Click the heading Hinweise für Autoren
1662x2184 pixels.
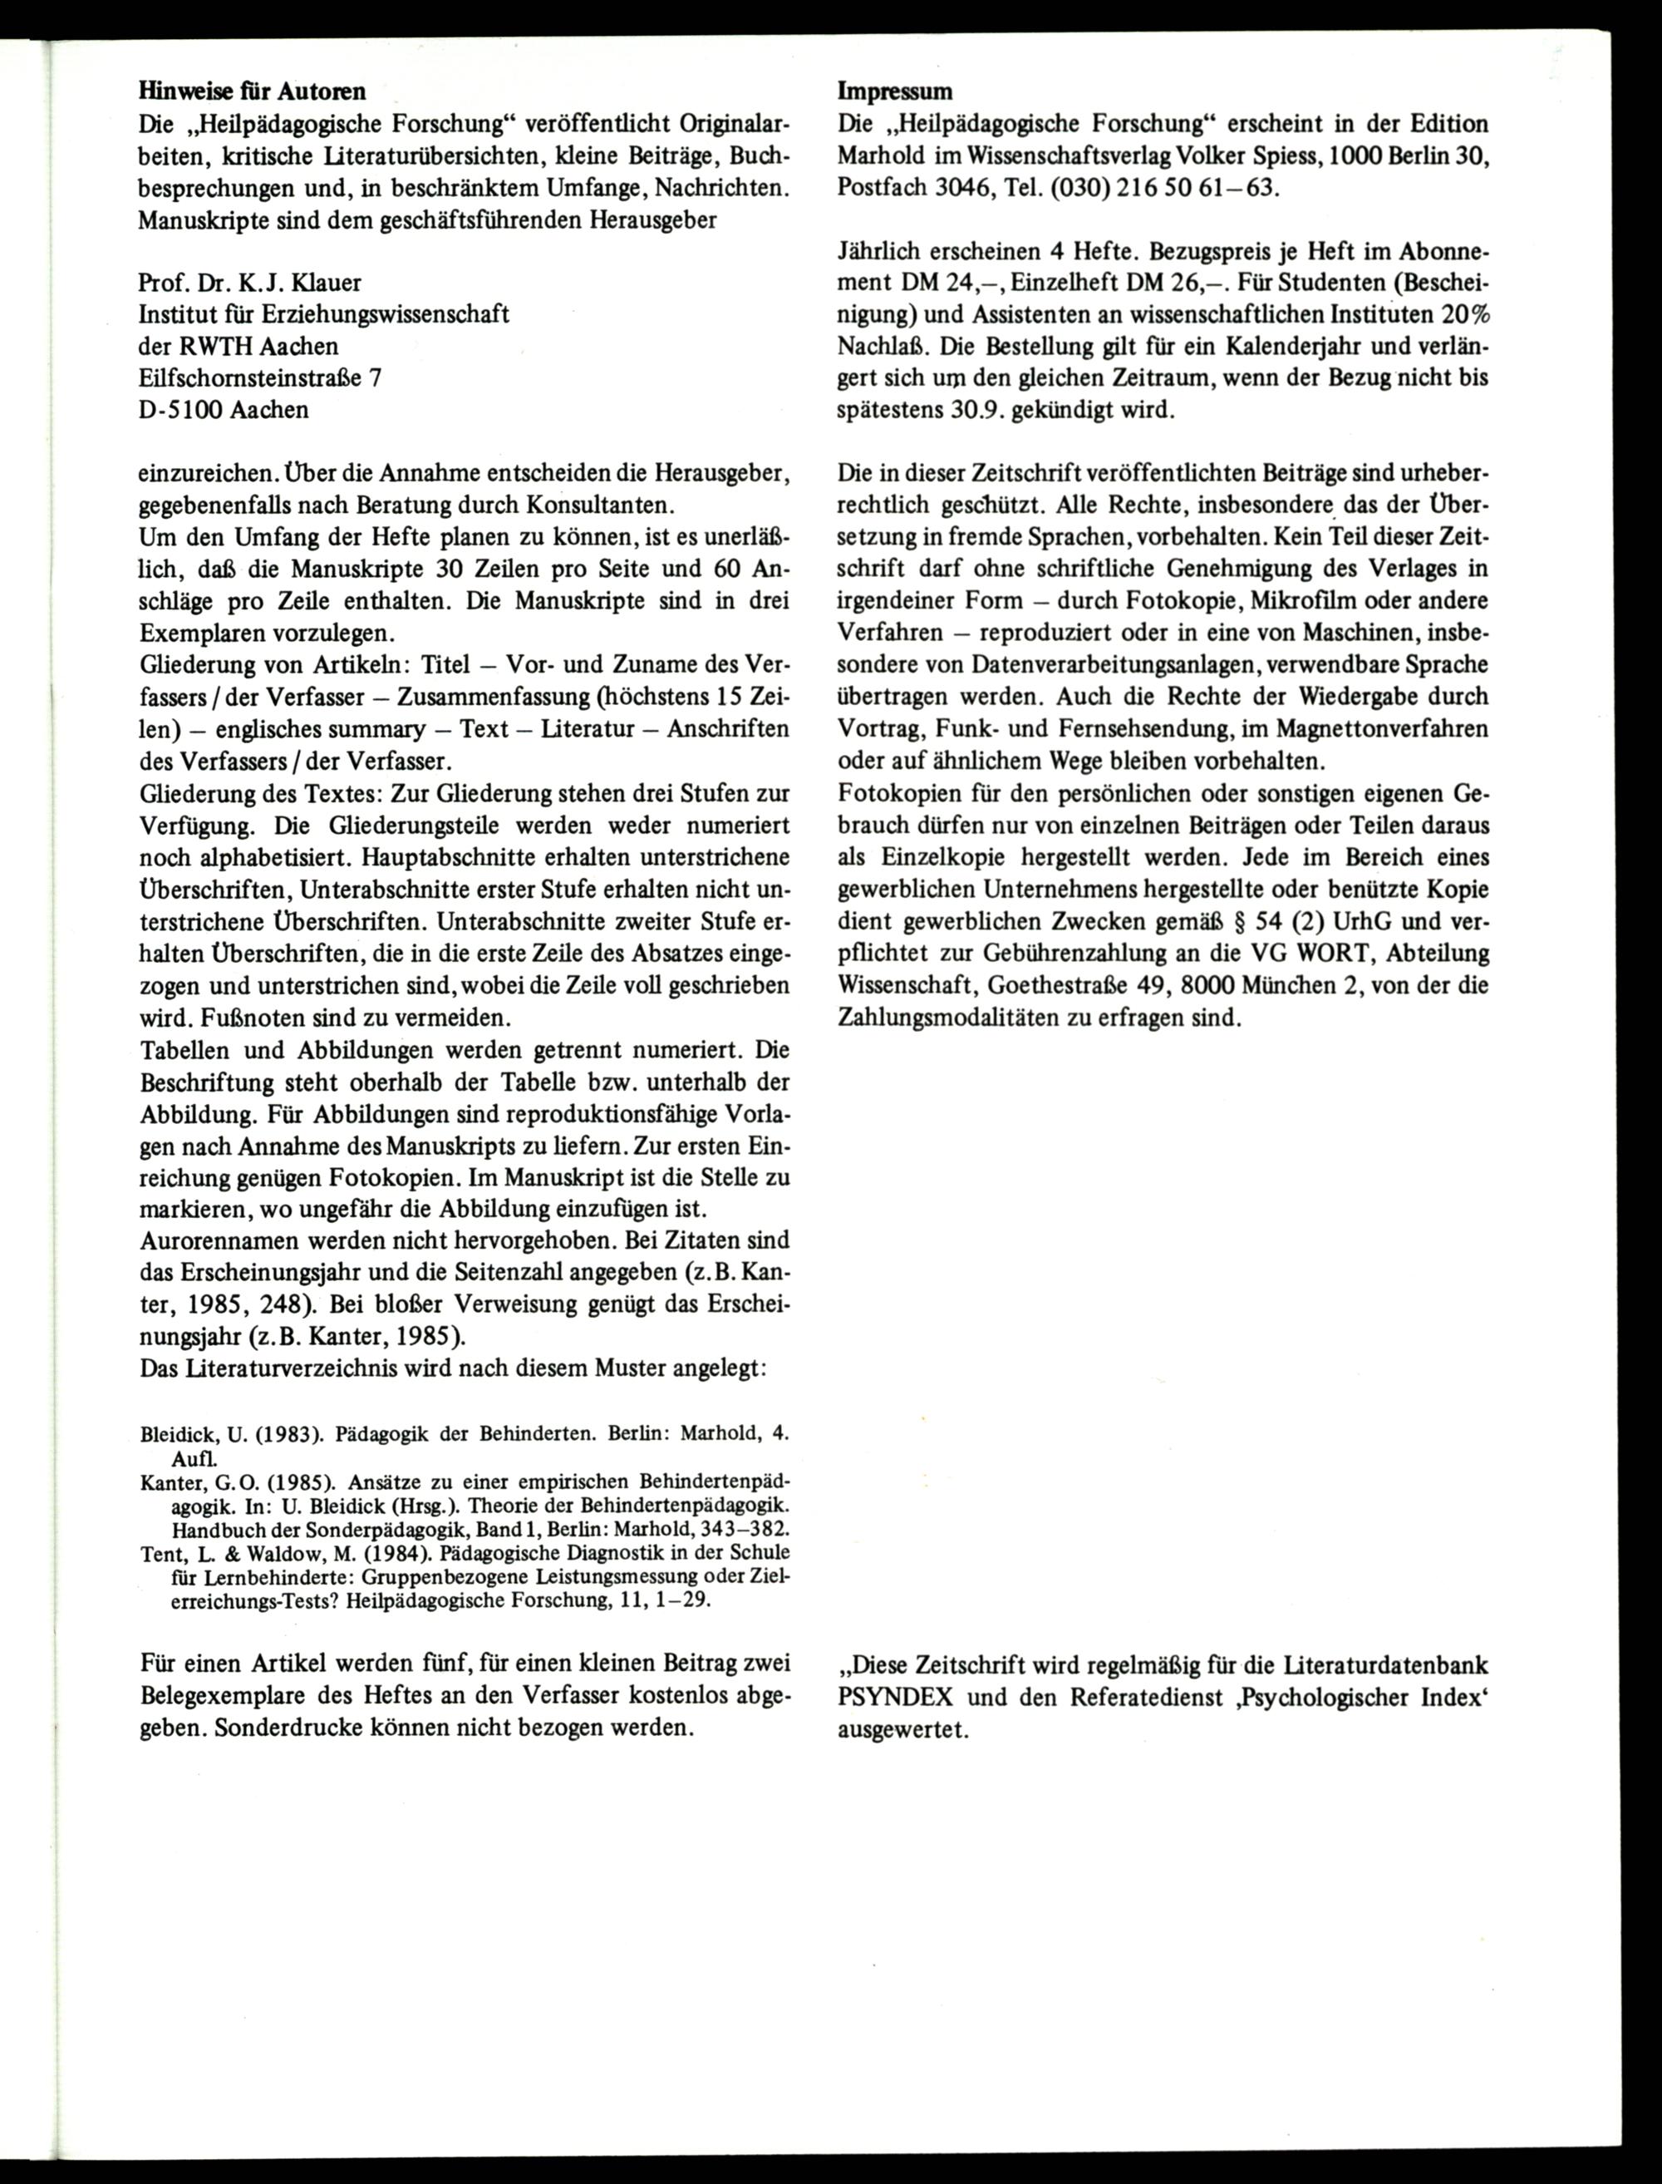[x=253, y=92]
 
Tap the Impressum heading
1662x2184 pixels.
[x=895, y=92]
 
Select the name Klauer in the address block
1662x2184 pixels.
[x=327, y=283]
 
